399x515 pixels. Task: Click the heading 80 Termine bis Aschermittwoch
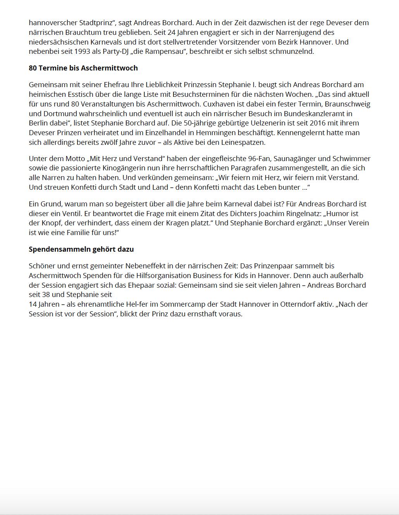pyautogui.click(x=83, y=68)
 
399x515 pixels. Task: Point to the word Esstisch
pyautogui.click(x=72, y=94)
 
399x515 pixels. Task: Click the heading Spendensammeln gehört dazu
pyautogui.click(x=81, y=249)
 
